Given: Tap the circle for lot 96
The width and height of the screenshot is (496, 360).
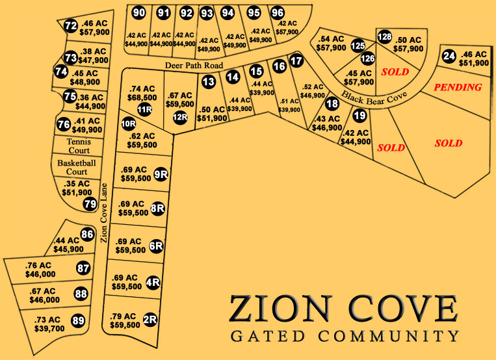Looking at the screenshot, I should (278, 12).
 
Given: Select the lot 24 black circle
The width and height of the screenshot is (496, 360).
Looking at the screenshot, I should (449, 57).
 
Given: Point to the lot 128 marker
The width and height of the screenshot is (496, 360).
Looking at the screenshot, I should (385, 37).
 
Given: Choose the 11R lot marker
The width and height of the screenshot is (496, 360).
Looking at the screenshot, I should (144, 109).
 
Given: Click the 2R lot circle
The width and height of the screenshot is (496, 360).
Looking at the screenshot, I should (150, 319).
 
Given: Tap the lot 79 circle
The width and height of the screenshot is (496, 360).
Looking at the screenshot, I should (90, 204).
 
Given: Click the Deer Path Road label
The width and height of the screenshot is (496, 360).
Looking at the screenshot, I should (194, 66).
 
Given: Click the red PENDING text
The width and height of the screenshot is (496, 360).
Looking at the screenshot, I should (458, 87).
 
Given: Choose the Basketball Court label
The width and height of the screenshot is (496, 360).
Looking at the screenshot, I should (72, 167).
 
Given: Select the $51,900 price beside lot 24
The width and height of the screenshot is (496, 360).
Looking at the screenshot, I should (475, 63).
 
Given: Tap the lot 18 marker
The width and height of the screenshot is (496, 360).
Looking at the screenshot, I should (332, 103).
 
